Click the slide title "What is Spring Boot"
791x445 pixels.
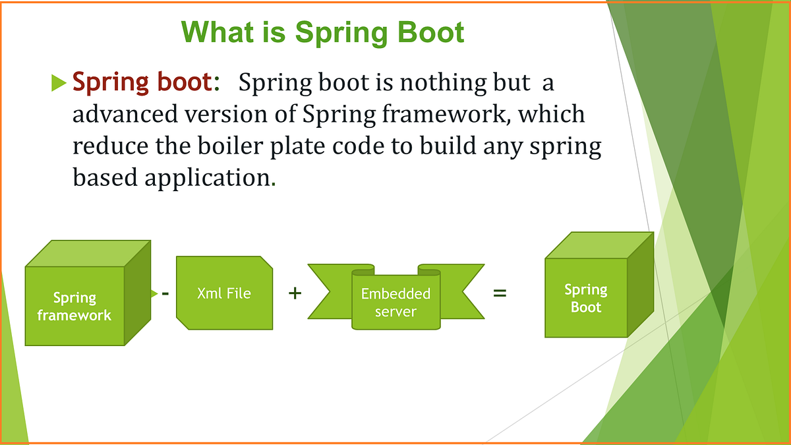[323, 32]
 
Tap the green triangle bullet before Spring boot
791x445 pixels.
[59, 83]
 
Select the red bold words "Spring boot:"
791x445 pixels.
[146, 83]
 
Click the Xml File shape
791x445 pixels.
[224, 293]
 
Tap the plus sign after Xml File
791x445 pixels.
[295, 293]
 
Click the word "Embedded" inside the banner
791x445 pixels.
[395, 294]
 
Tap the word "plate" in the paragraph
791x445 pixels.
[310, 146]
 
